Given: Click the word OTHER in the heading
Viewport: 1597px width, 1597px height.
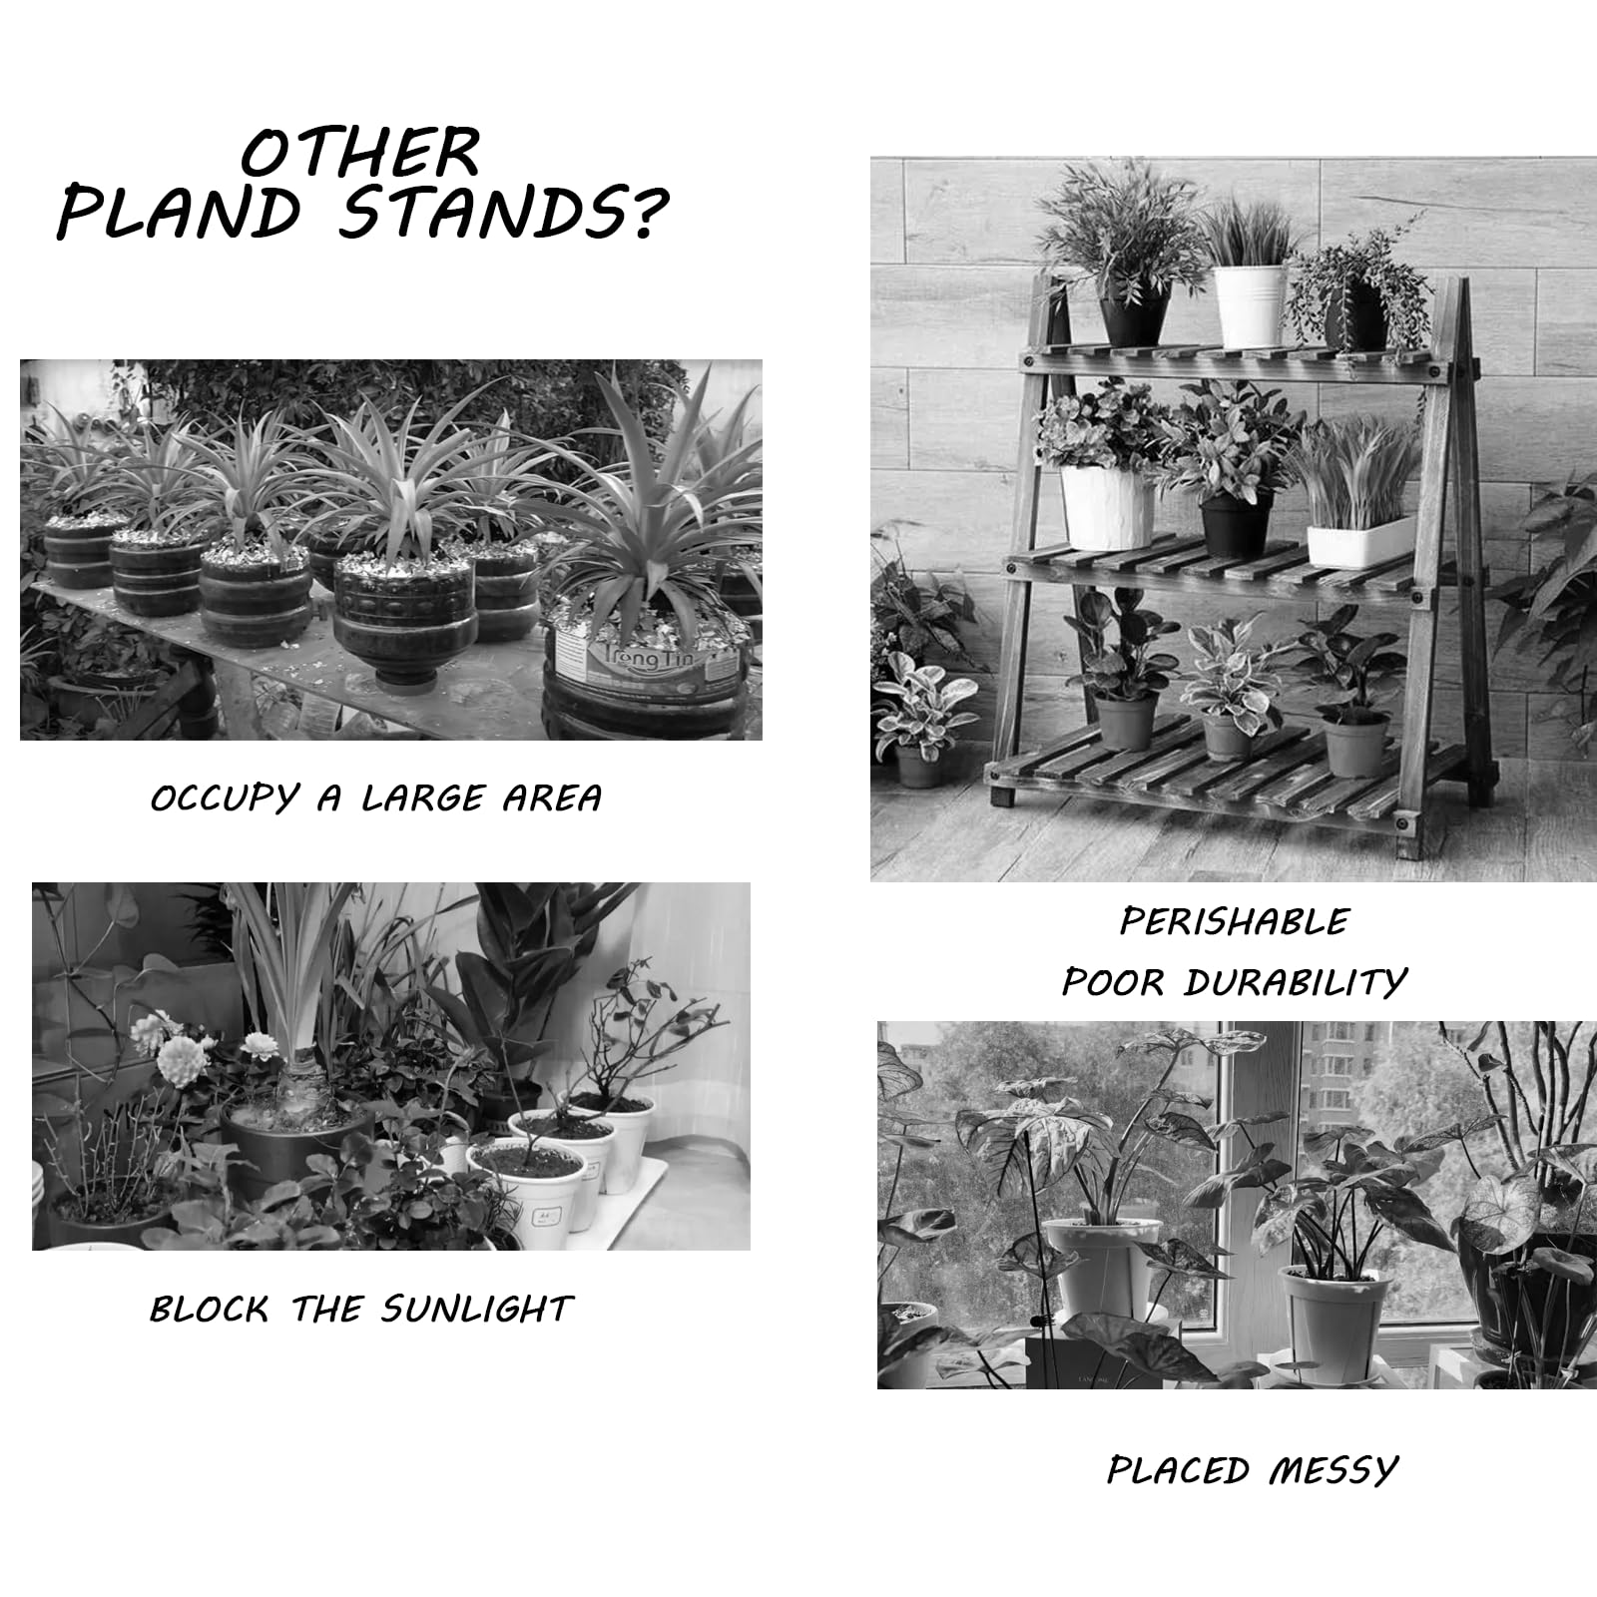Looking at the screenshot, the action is point(361,153).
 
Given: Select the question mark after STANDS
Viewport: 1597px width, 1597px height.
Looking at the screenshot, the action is point(645,213).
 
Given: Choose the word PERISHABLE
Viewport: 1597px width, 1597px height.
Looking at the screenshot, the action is point(1235,920).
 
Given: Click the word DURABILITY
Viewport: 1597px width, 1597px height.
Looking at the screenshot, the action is point(1296,983).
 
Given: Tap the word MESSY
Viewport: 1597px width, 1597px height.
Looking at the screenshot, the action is point(1333,1470).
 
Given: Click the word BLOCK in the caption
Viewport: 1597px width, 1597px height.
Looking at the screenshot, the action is point(210,1309).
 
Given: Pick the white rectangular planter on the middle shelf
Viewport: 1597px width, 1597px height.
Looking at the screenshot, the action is point(1360,541).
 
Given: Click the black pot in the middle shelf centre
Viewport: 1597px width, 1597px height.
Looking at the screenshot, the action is point(1236,525).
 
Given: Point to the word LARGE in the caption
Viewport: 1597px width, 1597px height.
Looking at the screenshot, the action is point(423,798).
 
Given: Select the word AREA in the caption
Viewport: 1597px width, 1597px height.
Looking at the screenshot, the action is point(552,798).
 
